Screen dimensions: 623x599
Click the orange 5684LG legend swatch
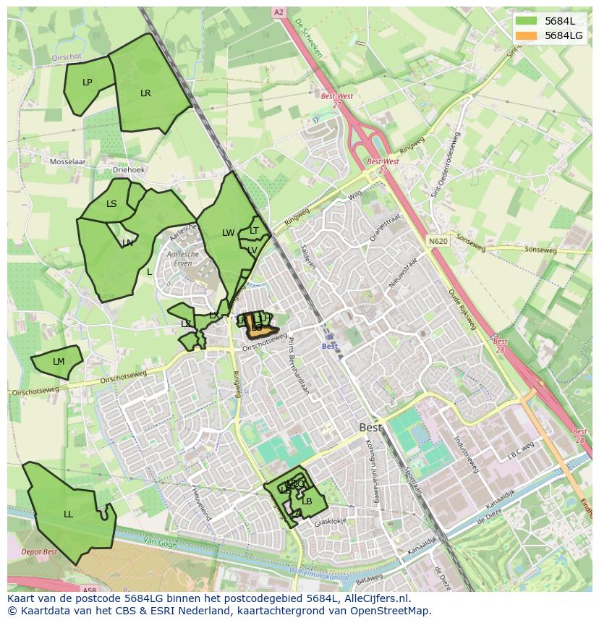(527, 35)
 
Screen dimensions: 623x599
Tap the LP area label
(88, 82)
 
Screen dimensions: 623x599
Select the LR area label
(145, 93)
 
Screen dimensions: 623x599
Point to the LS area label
(111, 204)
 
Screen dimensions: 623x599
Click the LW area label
(229, 233)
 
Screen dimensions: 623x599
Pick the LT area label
(254, 231)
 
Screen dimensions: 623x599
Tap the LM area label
(59, 362)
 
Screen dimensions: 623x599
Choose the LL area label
(68, 514)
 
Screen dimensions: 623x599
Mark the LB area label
(307, 501)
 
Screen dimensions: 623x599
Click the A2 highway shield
(279, 12)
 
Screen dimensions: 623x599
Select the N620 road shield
(438, 241)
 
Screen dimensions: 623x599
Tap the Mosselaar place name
(67, 162)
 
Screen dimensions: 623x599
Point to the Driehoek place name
(129, 169)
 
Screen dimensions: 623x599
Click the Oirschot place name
(67, 56)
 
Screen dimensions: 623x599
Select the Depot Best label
(39, 552)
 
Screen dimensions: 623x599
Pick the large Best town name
(370, 428)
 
